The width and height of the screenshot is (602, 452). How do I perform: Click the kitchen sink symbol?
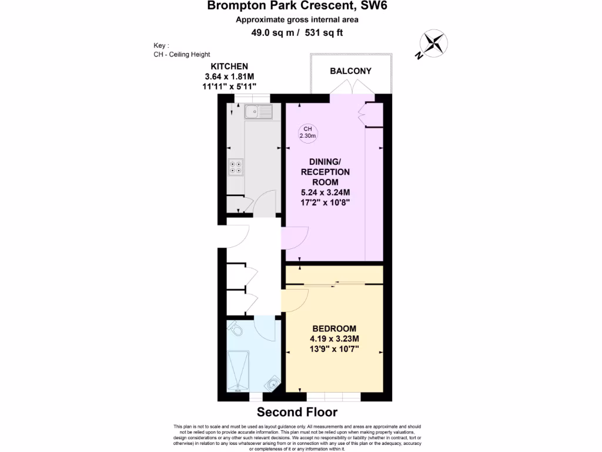coord(259,111)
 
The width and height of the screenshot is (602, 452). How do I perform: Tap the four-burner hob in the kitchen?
coord(237,168)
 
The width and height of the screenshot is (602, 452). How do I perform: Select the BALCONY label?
coord(350,71)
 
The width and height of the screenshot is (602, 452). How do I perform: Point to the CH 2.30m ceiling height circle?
coord(307,132)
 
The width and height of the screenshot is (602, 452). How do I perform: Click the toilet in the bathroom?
coord(236,330)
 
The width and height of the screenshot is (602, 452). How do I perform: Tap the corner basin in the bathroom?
coord(273,383)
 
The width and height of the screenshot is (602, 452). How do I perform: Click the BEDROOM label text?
coord(334,328)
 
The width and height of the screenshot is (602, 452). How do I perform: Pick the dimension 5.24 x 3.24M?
coord(333,192)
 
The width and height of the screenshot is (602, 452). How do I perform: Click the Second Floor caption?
coord(297,412)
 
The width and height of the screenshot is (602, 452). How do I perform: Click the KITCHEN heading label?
coord(229,67)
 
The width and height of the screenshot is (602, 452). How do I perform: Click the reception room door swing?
coord(293,238)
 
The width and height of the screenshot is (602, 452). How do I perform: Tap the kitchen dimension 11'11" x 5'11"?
coord(229,87)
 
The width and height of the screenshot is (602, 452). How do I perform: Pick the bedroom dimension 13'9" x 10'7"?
coord(334,349)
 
